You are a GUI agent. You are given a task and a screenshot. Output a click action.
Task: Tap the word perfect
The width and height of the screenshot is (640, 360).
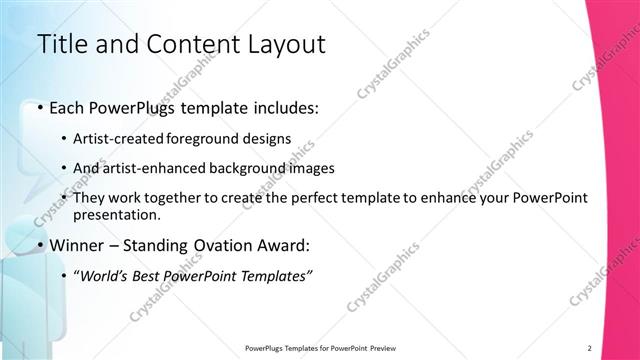click(x=319, y=198)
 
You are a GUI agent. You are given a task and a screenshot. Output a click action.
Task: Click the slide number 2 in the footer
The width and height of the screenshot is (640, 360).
click(x=589, y=348)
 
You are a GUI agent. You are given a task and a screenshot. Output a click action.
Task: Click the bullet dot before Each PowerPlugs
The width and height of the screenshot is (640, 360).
click(x=39, y=107)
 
